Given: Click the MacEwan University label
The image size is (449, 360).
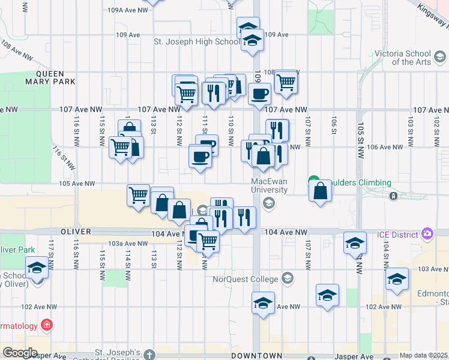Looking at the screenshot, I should [268, 185].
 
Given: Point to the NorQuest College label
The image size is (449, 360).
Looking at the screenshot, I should [246, 279].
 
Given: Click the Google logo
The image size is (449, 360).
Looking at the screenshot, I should [19, 353].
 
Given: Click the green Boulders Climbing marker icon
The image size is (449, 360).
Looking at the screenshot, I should [313, 180].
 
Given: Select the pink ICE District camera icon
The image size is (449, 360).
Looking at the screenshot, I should [427, 233].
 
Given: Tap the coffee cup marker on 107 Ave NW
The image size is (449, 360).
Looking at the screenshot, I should [259, 94].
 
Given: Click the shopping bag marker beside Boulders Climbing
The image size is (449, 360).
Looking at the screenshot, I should [321, 191].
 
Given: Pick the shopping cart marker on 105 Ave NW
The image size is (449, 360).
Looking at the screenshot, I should [139, 194].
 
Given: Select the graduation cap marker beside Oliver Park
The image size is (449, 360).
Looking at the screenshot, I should [37, 268].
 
